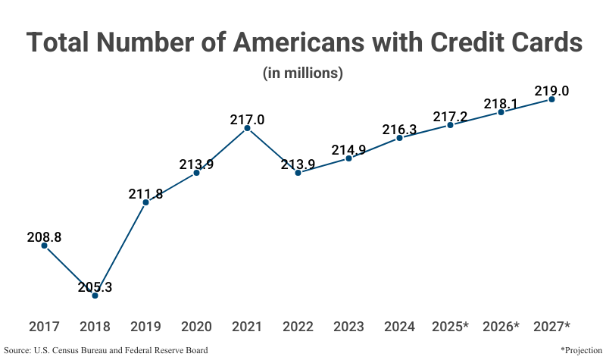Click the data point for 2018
point(95,295)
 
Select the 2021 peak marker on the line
point(247,129)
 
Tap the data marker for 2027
point(551,99)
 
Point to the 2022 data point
point(298,173)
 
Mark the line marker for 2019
point(145,202)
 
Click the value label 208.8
point(44,237)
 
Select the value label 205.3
point(95,287)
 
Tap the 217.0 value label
point(247,121)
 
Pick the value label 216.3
point(399,130)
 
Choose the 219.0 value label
point(551,91)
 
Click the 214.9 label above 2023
point(348,150)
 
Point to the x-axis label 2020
point(196,327)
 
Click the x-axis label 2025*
point(450,327)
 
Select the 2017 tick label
point(44,327)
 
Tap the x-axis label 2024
point(399,327)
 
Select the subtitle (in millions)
point(303,74)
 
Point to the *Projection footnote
point(580,350)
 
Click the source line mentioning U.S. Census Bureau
point(105,350)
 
